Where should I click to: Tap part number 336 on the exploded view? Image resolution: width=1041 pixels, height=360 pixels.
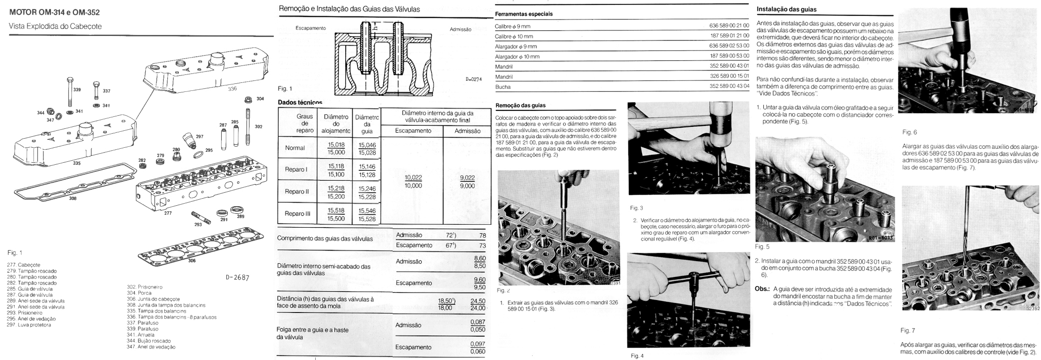pos(232,88)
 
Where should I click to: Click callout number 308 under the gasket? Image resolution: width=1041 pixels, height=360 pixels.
pos(73,198)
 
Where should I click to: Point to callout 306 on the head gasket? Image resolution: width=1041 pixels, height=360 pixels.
pos(192,261)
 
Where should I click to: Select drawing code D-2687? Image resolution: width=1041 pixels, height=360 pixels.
pos(237,278)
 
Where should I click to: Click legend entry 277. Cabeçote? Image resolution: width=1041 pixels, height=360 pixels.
pos(23,265)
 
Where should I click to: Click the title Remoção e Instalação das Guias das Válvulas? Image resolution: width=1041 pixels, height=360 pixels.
pos(349,9)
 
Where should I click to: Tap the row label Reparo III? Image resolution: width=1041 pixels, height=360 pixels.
pos(298,214)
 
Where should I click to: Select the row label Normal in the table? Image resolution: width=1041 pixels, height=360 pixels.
pos(295,148)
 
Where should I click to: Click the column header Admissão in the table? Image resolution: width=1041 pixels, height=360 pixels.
pos(468,131)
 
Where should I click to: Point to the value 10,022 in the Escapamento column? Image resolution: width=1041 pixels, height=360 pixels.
pos(413,178)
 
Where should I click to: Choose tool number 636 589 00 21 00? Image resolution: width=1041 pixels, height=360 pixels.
pos(729,26)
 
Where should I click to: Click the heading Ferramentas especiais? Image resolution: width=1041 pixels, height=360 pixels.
pos(523,14)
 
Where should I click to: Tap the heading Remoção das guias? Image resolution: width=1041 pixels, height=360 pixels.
pos(520,105)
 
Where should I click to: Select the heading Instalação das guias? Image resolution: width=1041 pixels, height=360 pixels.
pos(786,9)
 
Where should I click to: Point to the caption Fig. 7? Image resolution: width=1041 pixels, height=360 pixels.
pos(908,331)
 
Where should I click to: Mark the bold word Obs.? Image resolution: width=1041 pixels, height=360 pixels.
pos(762,289)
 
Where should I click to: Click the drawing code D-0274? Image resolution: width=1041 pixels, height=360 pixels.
pos(474,79)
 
